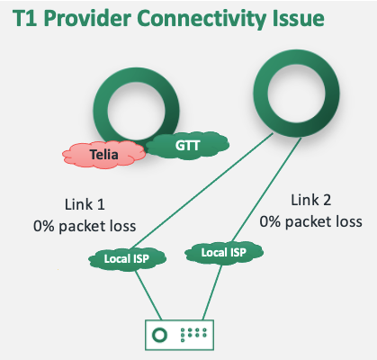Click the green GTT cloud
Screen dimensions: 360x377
[187, 143]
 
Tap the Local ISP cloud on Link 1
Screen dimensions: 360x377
[121, 261]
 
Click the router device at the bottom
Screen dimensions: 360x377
[184, 334]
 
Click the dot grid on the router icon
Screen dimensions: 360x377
[196, 334]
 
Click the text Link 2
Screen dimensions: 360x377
[311, 198]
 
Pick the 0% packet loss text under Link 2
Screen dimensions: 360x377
[311, 220]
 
